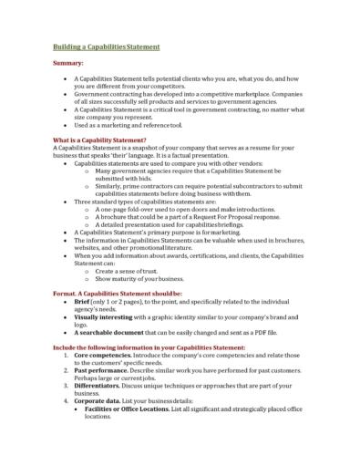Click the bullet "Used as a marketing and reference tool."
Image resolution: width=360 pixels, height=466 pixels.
click(x=128, y=125)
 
